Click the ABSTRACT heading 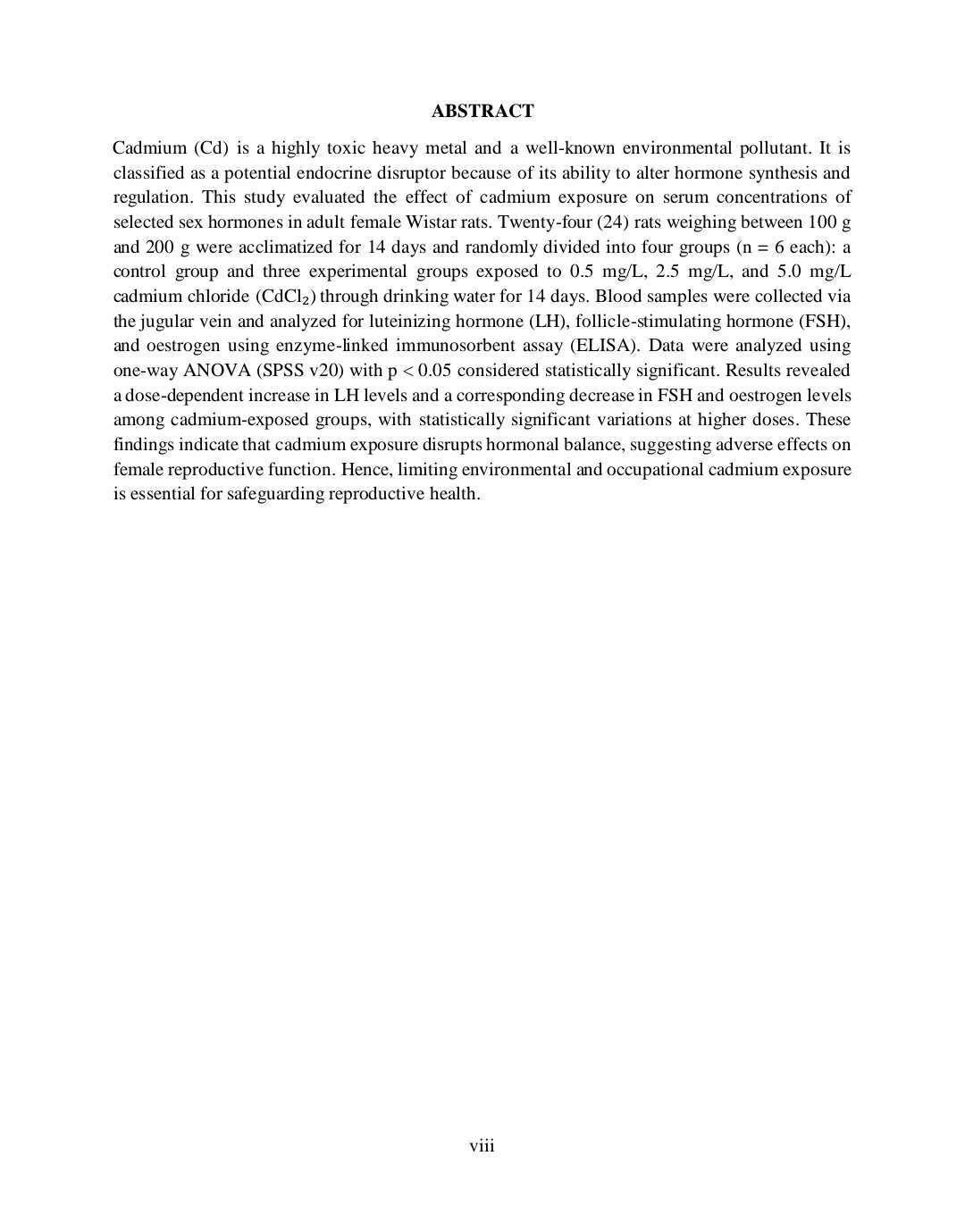[x=482, y=111]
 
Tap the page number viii [x=482, y=1146]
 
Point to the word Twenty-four [x=543, y=222]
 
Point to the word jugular [x=169, y=322]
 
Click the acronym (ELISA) [x=605, y=346]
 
